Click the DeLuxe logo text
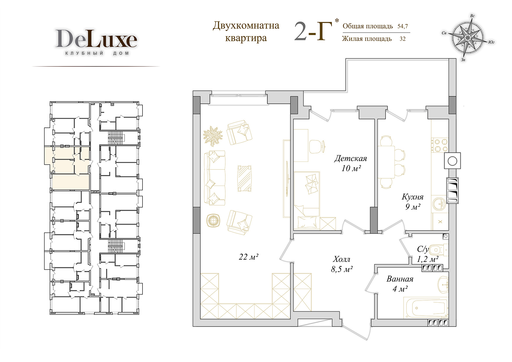(x=96, y=38)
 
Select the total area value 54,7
(x=402, y=26)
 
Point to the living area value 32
(x=402, y=39)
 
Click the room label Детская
(x=350, y=158)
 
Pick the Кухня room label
(x=412, y=197)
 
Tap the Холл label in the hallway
(x=342, y=259)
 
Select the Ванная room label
(x=400, y=279)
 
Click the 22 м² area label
(x=248, y=257)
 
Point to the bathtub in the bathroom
(x=426, y=308)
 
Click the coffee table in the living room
(x=245, y=179)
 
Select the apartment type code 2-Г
(x=313, y=31)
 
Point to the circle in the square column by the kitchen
(x=452, y=161)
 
